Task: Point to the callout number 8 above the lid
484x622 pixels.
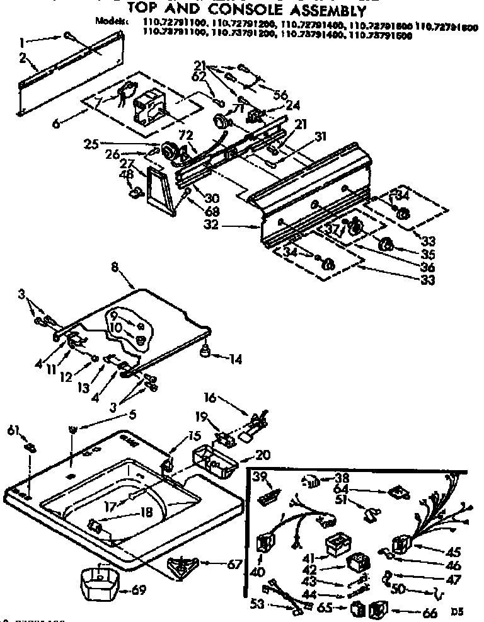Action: pos(115,267)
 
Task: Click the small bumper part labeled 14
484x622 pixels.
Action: pos(205,350)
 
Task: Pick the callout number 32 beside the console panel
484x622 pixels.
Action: pos(212,224)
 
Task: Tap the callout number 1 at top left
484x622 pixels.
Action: pos(23,43)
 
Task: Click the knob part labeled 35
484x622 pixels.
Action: pos(386,245)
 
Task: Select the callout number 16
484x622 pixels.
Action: pos(210,398)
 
